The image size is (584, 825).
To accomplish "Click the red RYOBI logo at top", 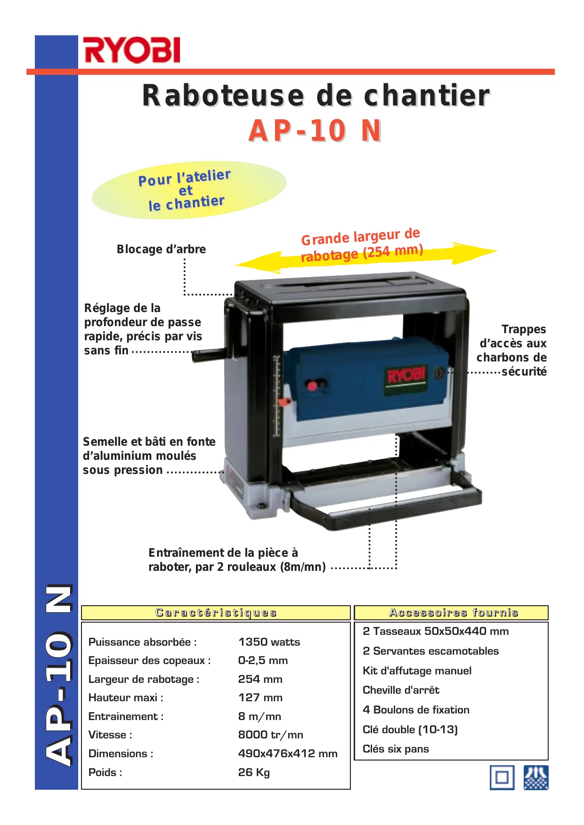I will coord(131,50).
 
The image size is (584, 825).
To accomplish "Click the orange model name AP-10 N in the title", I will coord(315,131).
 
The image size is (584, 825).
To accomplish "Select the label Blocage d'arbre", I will coord(161,249).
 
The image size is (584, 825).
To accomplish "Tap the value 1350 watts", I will coord(269,642).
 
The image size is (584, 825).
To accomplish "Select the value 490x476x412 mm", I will coord(287,753).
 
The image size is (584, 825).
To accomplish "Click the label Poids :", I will coord(105,772).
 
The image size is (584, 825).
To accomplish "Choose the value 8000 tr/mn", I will coord(270,735).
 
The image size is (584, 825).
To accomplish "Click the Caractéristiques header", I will coord(216,613).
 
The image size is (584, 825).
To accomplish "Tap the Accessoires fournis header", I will coord(453,613).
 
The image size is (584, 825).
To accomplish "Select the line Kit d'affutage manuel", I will coord(417,671).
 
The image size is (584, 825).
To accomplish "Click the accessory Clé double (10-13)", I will coord(410,729).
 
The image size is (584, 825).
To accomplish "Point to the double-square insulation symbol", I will coord(502,777).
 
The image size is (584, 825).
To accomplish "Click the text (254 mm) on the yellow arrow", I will coord(393,252).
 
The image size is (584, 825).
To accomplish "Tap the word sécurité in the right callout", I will coord(524,372).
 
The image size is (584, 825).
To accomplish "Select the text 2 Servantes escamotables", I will coord(430,651).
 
